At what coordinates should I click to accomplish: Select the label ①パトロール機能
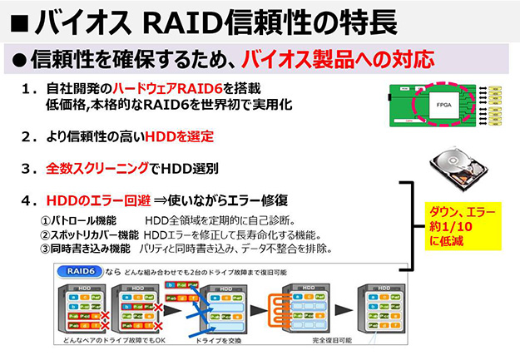coord(78,220)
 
